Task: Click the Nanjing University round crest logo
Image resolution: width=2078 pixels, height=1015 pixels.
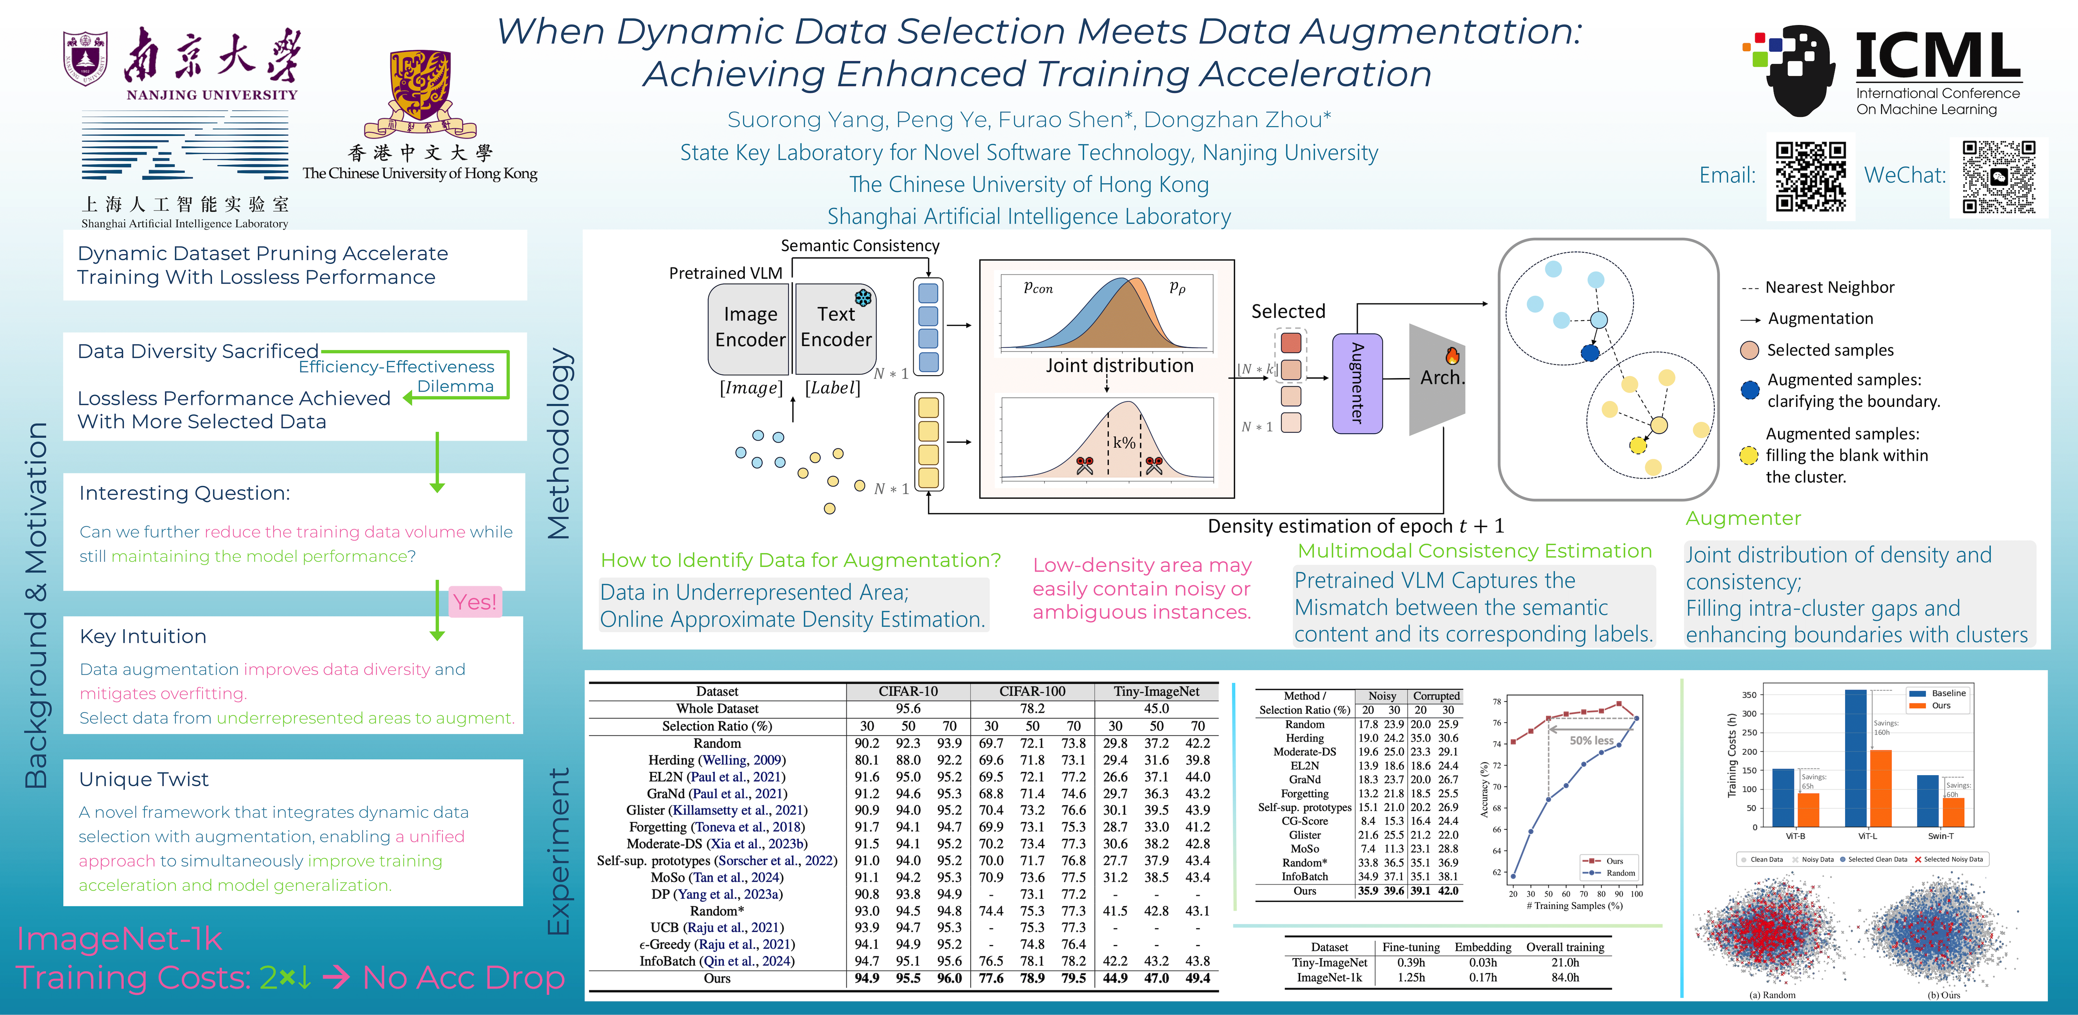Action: click(86, 58)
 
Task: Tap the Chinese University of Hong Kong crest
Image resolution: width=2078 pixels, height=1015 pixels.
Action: click(420, 91)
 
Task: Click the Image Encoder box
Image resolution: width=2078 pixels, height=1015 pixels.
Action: click(749, 327)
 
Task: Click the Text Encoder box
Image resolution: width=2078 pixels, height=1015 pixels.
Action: click(836, 327)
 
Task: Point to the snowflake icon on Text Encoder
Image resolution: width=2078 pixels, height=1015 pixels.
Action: click(863, 297)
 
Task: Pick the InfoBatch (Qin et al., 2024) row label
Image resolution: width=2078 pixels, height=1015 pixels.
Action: click(716, 961)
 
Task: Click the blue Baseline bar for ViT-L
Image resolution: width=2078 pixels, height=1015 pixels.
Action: click(1855, 758)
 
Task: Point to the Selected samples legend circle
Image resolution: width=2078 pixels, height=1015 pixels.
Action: click(1749, 350)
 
